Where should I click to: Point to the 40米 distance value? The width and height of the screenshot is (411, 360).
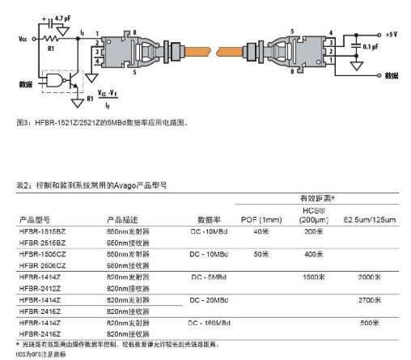pos(261,231)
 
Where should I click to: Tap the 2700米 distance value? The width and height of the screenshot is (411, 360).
pos(369,299)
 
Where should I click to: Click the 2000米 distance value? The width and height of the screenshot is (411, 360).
pos(369,277)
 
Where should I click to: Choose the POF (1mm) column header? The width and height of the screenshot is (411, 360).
pos(261,219)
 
